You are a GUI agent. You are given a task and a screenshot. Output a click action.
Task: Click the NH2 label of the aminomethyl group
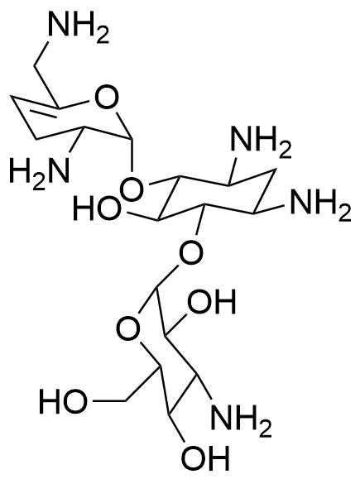point(79,26)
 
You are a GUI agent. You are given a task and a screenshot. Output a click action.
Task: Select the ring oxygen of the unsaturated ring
point(106,98)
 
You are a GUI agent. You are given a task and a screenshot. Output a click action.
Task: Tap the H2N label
point(40,169)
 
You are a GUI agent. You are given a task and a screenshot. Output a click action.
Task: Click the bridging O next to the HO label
point(132,189)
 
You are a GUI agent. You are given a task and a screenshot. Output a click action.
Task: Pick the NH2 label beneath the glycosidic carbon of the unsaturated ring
point(261,142)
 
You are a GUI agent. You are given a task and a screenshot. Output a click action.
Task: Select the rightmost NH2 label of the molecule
point(320,204)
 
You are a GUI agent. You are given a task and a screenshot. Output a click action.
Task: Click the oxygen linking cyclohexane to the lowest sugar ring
point(191,253)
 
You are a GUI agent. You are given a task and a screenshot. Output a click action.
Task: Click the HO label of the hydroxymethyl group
point(63,401)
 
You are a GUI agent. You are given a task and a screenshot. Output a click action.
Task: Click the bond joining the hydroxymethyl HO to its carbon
point(108,400)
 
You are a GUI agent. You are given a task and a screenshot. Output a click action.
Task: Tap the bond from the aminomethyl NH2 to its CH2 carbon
point(41,54)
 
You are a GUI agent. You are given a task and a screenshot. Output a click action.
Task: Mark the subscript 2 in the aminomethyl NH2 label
point(103,37)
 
